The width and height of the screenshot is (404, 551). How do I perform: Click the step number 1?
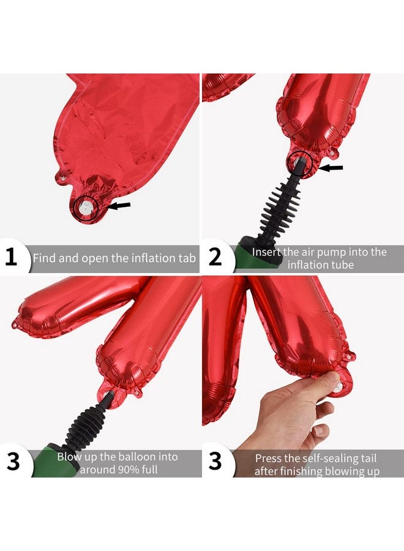coord(11,257)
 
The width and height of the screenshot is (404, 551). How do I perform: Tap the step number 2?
coord(215,257)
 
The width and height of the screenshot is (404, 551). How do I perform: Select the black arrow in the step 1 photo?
coord(119,206)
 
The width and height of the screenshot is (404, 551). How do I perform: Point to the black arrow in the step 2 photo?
coord(331,168)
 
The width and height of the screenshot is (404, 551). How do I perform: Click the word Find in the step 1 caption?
coord(44,258)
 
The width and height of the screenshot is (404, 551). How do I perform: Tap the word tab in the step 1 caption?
coord(187,258)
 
